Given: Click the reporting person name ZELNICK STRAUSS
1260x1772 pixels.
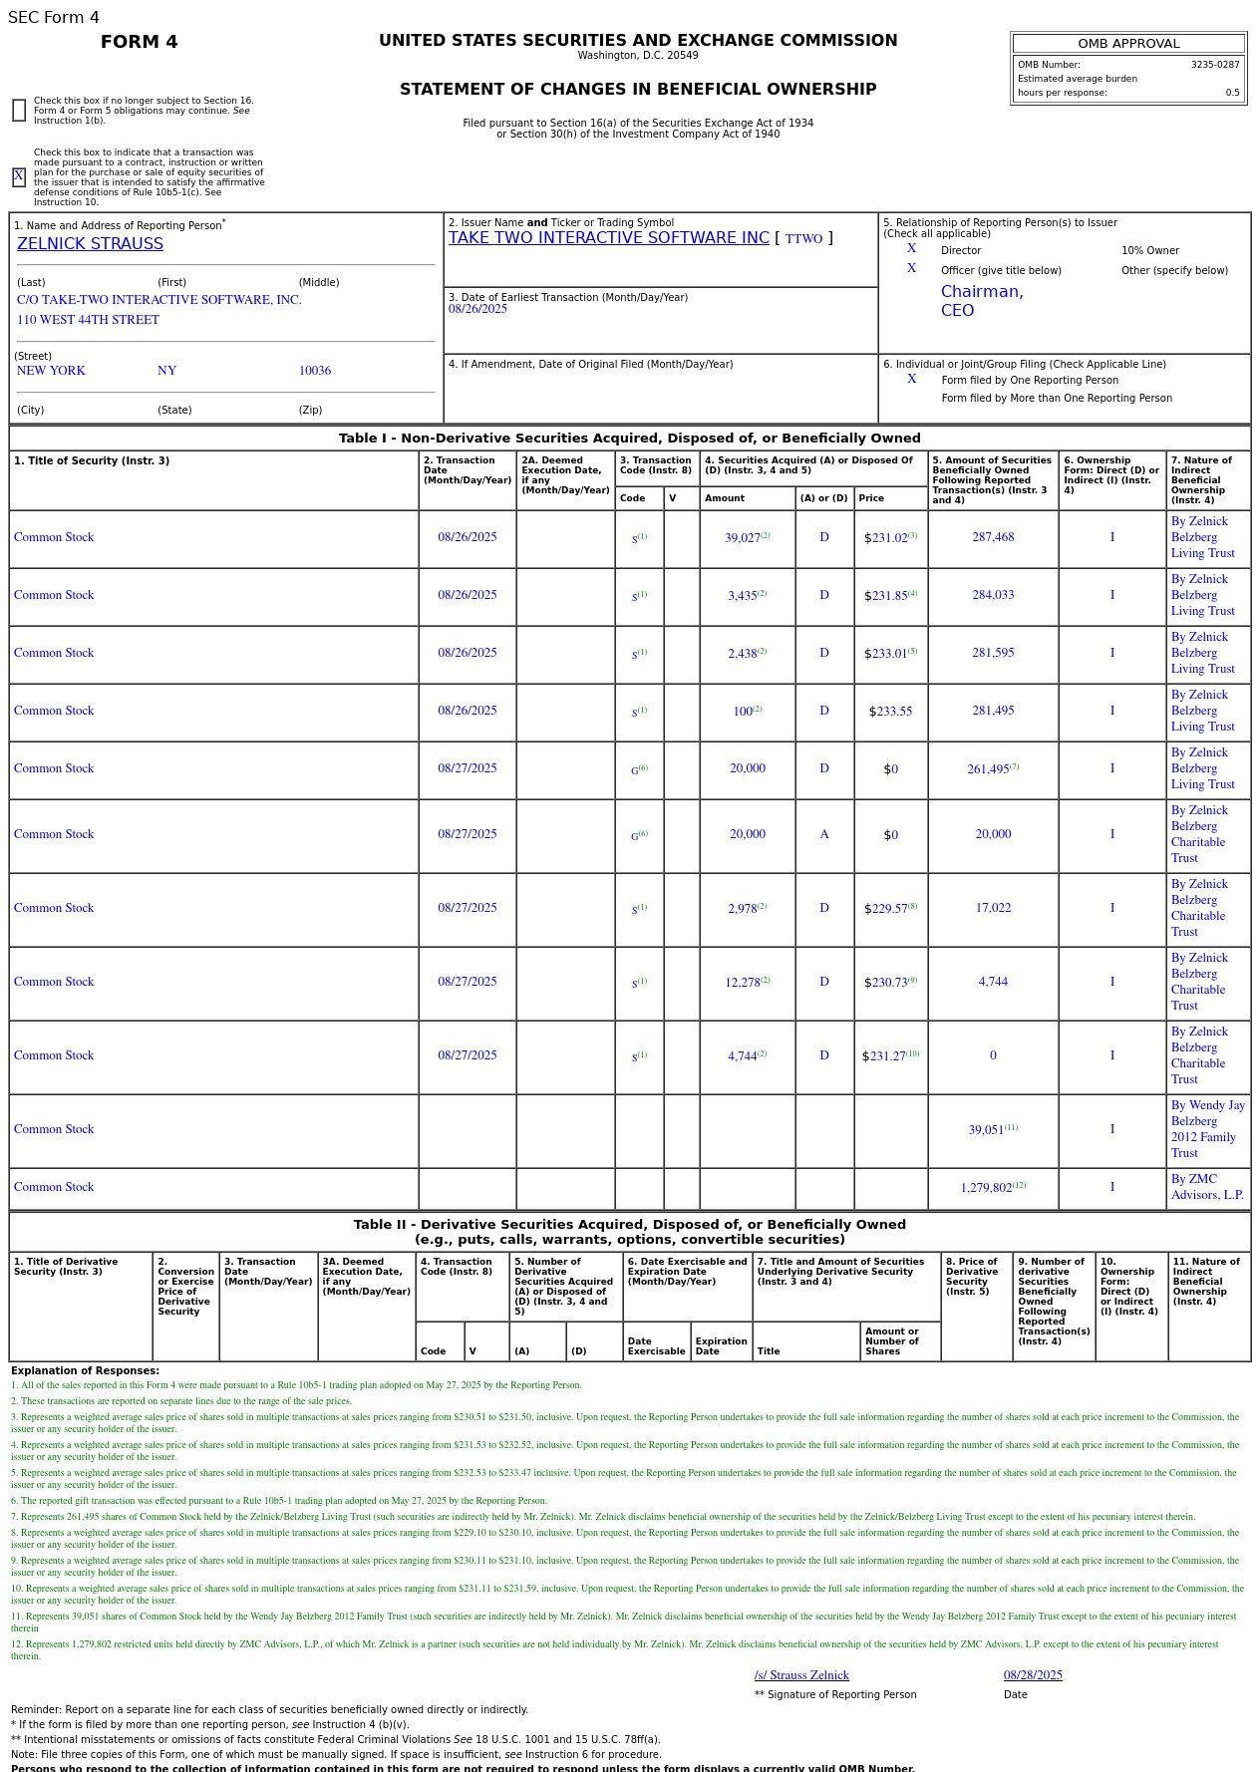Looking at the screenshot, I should (x=90, y=244).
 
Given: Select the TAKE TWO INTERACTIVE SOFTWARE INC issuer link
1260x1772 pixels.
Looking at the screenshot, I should (x=608, y=238).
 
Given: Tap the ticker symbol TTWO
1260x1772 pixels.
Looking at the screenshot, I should (x=803, y=239).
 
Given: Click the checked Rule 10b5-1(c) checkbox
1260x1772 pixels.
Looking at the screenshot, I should (x=19, y=177).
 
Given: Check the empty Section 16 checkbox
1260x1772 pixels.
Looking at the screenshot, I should (x=19, y=111).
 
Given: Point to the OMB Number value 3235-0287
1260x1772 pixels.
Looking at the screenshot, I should (x=1214, y=65).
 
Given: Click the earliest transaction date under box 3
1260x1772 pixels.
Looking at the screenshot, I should (x=477, y=309).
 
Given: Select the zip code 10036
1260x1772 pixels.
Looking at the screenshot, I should (x=315, y=371).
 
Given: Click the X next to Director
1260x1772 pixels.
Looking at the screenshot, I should (x=911, y=249).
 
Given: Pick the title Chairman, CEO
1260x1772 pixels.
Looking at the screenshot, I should (x=982, y=301).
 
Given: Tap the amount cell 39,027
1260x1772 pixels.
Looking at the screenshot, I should (x=743, y=538).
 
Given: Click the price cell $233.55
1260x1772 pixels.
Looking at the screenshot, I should (x=890, y=712).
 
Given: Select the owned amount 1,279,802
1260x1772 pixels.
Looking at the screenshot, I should (x=986, y=1188).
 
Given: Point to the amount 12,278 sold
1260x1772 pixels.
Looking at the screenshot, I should (x=743, y=983).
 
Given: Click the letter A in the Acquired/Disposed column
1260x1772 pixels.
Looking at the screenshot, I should (x=824, y=835).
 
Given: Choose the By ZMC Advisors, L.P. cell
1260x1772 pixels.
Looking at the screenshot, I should (x=1207, y=1187).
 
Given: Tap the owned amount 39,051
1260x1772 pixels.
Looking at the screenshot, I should (x=986, y=1130).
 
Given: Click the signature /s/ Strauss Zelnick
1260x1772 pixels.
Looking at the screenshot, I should (x=801, y=1675).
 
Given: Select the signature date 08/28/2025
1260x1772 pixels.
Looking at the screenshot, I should (x=1033, y=1675).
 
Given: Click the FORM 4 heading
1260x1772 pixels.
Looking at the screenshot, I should (x=140, y=42).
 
